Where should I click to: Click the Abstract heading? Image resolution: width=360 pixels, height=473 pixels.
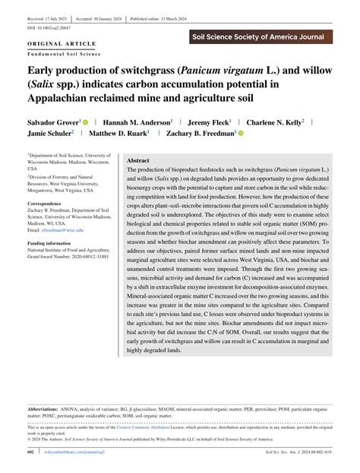[138, 161]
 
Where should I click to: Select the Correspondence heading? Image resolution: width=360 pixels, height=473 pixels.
[45, 204]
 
